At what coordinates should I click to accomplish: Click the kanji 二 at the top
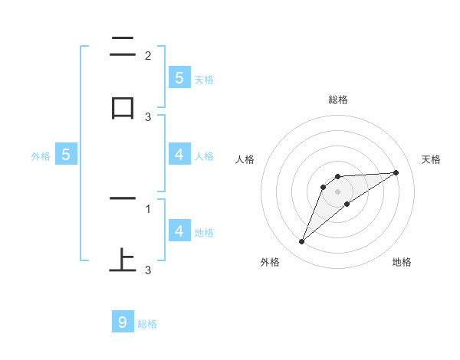pyautogui.click(x=123, y=47)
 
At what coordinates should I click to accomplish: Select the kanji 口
pyautogui.click(x=123, y=107)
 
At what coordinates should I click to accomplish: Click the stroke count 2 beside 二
pyautogui.click(x=148, y=55)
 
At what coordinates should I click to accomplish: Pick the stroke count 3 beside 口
pyautogui.click(x=148, y=116)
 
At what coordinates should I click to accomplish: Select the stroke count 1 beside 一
pyautogui.click(x=148, y=208)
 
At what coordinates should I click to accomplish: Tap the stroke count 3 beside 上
pyautogui.click(x=148, y=270)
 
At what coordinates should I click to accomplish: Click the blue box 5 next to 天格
pyautogui.click(x=179, y=77)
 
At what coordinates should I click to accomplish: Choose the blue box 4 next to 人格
pyautogui.click(x=179, y=155)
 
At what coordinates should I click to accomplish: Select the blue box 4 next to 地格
pyautogui.click(x=179, y=231)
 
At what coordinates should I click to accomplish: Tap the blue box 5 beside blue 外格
pyautogui.click(x=66, y=155)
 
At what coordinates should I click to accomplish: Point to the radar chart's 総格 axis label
pyautogui.click(x=338, y=100)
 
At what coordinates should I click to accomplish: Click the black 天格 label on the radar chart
pyautogui.click(x=432, y=159)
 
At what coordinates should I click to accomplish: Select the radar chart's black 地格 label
pyautogui.click(x=402, y=262)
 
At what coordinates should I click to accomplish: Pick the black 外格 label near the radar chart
pyautogui.click(x=270, y=262)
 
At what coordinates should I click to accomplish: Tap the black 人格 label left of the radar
pyautogui.click(x=245, y=159)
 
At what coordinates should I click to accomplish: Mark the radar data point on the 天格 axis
pyautogui.click(x=396, y=172)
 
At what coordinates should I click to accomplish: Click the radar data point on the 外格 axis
pyautogui.click(x=302, y=242)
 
